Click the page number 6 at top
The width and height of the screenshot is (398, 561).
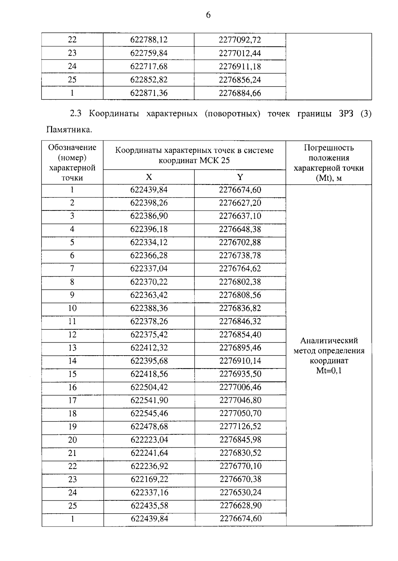[208, 15]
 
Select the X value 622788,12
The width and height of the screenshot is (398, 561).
[149, 40]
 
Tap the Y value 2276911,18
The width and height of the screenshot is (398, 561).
[240, 67]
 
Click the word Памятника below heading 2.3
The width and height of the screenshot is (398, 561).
[69, 130]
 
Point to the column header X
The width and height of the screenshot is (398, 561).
[149, 177]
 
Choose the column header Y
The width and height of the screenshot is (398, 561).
[240, 177]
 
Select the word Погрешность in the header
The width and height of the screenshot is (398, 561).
[329, 148]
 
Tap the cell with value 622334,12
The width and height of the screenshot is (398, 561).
[149, 243]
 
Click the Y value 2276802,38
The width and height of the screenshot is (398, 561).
[240, 282]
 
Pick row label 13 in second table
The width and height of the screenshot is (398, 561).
[72, 348]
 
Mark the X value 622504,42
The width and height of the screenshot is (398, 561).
[149, 387]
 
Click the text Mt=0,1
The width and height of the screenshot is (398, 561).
[329, 371]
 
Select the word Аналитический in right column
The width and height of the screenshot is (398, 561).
[329, 341]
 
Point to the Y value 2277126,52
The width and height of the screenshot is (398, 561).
[240, 427]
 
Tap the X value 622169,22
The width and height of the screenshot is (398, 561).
[149, 479]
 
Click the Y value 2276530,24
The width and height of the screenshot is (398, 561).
[240, 493]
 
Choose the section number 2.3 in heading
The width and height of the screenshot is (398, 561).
[75, 114]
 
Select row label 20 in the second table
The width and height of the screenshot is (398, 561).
[72, 440]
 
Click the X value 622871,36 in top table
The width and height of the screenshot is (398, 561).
[149, 93]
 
